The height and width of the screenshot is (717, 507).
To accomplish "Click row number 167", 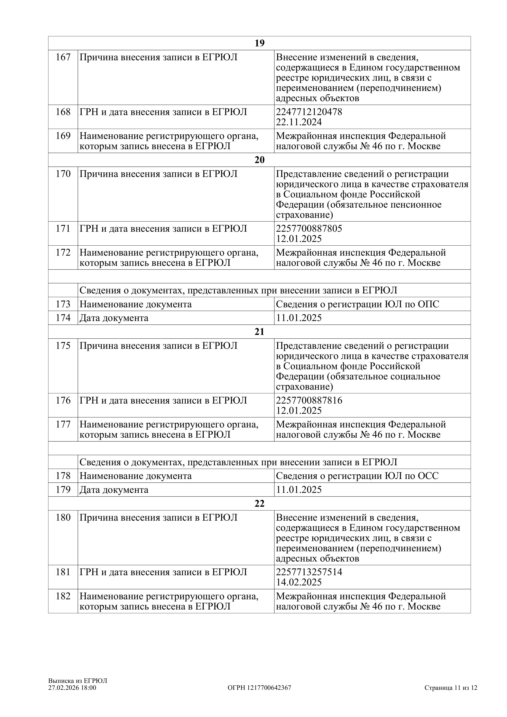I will [x=63, y=57].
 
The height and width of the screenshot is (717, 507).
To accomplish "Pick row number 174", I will [x=63, y=318].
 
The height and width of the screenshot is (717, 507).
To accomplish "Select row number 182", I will [x=63, y=596].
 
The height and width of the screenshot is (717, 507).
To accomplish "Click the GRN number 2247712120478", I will [x=309, y=112].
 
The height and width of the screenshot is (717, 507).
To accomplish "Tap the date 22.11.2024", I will [x=299, y=122].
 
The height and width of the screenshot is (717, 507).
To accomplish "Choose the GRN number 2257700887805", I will [x=309, y=229].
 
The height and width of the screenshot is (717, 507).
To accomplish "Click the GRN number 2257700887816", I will [x=309, y=400].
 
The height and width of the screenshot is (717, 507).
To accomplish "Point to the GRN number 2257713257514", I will [x=309, y=572].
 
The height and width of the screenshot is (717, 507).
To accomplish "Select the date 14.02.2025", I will [x=299, y=582].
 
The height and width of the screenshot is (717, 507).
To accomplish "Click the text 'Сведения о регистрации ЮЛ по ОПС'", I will [x=357, y=304].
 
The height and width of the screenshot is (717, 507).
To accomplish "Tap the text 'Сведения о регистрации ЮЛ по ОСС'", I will [x=357, y=476].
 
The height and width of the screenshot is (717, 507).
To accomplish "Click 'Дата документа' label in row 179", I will [x=114, y=490].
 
